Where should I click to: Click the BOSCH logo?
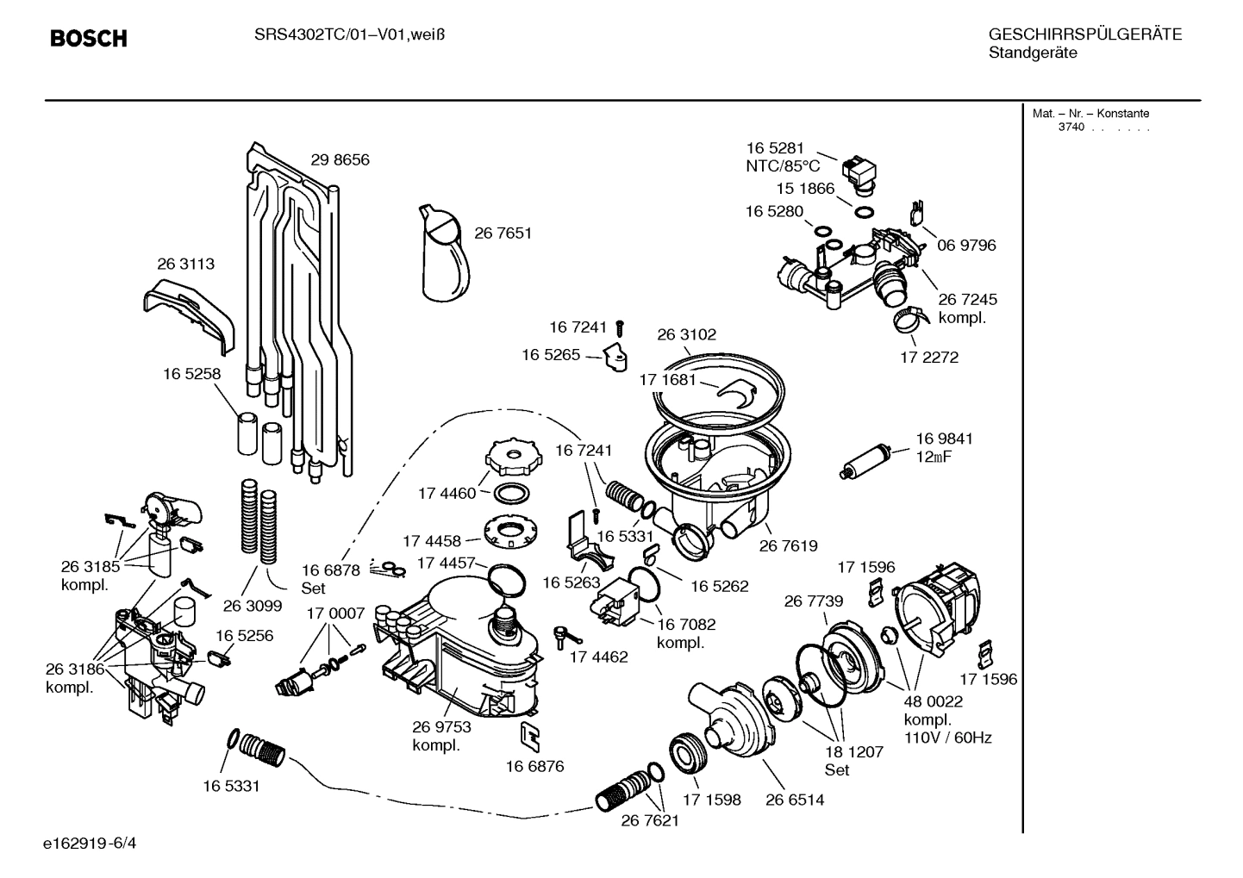[x=88, y=39]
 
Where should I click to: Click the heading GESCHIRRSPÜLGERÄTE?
[x=1084, y=34]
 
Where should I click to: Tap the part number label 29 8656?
[x=340, y=160]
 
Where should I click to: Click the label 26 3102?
[x=686, y=334]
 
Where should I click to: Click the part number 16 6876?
[x=534, y=766]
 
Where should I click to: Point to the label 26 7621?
[x=650, y=820]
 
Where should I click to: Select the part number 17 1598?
[x=711, y=800]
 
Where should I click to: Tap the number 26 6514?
[x=795, y=800]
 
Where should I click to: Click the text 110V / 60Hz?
[x=947, y=738]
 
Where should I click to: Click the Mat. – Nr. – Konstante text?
[x=1090, y=114]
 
